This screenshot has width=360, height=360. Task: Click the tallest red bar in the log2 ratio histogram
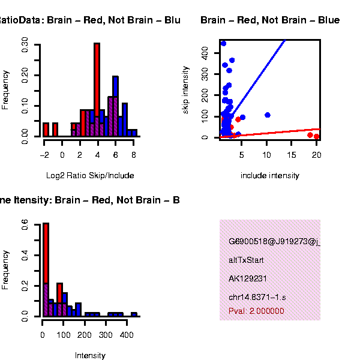coord(97,90)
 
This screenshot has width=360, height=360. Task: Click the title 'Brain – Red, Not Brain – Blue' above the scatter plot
coord(270,20)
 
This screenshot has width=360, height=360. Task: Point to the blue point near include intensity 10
coord(267,115)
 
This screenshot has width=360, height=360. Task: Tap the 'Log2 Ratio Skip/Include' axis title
coord(90,176)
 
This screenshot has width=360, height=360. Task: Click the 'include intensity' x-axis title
coord(270,176)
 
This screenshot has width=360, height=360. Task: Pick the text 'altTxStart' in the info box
coord(246,260)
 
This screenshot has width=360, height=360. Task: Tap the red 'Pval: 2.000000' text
coord(256,311)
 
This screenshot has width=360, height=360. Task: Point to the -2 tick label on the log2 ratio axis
coord(44,154)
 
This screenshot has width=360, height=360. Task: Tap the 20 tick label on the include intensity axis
coord(316,154)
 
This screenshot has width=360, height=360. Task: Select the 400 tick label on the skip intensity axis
coord(204,54)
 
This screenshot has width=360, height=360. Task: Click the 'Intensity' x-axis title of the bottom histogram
coord(90,356)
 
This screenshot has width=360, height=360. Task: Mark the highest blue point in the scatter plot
coord(223,43)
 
